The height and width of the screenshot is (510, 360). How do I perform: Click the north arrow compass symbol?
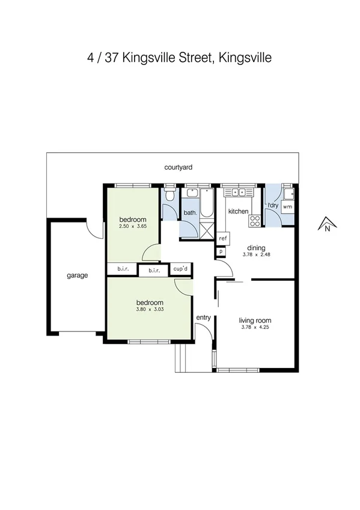[326, 224]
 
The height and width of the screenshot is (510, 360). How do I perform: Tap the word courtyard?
[178, 168]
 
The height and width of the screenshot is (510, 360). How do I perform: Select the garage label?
[77, 275]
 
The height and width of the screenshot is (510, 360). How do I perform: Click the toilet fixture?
[170, 195]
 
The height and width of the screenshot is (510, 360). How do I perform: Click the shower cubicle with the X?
[207, 230]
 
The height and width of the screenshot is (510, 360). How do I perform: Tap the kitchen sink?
[239, 192]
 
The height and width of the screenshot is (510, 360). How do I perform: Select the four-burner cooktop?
[255, 221]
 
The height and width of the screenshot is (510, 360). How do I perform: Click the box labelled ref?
[222, 238]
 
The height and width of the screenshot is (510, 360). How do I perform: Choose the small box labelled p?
[221, 251]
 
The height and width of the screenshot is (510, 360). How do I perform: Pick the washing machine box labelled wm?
[287, 206]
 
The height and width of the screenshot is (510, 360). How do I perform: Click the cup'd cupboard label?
[180, 269]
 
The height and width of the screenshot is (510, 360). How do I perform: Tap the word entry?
[203, 318]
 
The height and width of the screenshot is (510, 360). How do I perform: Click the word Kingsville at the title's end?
[246, 58]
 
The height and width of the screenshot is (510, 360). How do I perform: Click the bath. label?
[190, 212]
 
